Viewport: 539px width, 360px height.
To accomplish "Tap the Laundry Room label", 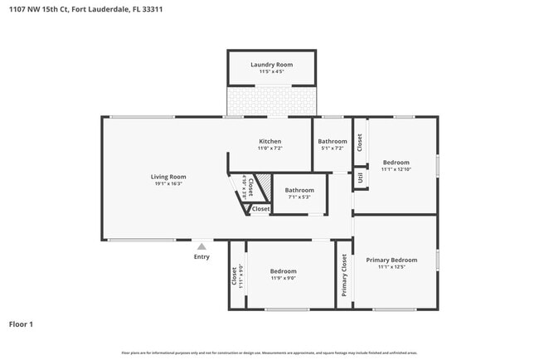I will [271, 64].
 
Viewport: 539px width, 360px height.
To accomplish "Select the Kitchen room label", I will [269, 141].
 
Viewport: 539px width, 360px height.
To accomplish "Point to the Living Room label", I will [168, 176].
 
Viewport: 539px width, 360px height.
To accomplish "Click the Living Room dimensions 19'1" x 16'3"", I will [168, 183].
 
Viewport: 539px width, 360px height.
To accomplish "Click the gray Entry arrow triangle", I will [201, 246].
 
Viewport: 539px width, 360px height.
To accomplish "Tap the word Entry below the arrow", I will [202, 256].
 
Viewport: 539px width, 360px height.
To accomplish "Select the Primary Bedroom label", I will [391, 260].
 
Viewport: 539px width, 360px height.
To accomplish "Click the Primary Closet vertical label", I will [344, 275].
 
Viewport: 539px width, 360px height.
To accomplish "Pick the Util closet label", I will [360, 177].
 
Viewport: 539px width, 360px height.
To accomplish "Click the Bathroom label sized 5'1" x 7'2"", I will [333, 141].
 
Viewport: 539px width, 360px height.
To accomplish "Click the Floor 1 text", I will [21, 324].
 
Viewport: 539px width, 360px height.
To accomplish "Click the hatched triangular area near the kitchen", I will [263, 185].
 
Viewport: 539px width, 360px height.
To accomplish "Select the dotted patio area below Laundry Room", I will [271, 101].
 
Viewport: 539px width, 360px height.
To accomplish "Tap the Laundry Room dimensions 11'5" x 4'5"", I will [271, 72].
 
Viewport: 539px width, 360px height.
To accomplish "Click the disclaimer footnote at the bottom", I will [269, 353].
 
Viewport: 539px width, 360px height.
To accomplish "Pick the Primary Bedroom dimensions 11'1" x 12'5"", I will [391, 267].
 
